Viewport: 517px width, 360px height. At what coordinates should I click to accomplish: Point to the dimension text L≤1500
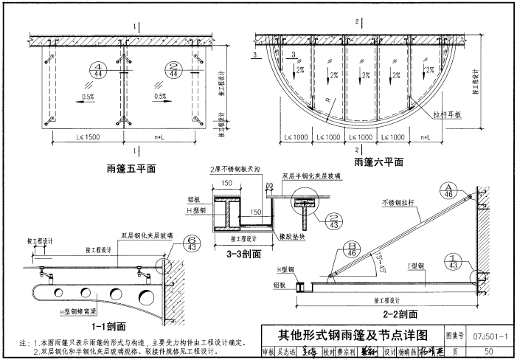pos(77,137)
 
